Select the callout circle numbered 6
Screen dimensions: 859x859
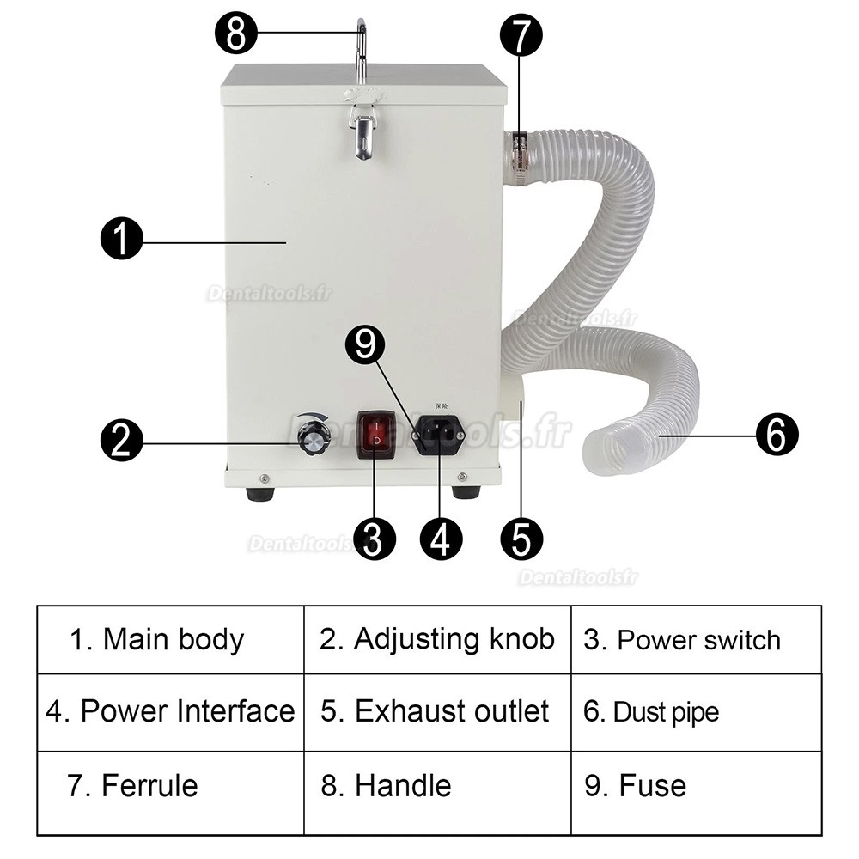tap(777, 436)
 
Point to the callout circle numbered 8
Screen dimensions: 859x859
tap(235, 34)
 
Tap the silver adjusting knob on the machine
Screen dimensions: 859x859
tap(314, 438)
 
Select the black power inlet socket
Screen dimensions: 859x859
tap(440, 435)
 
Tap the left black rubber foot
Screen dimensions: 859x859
tap(259, 494)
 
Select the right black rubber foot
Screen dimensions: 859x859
tap(466, 492)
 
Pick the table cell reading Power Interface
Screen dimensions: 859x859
tap(170, 711)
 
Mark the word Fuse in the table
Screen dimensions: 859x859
tap(652, 786)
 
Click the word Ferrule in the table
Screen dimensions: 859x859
tap(149, 786)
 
